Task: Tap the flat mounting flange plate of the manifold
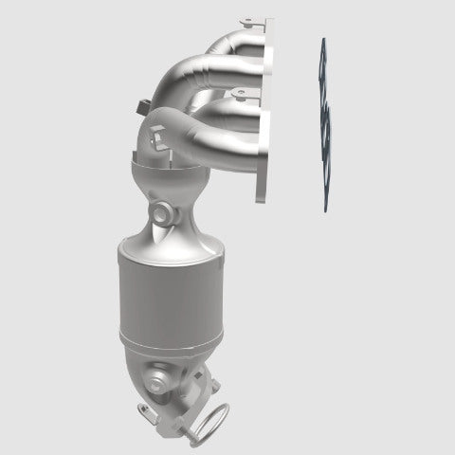[x=265, y=114]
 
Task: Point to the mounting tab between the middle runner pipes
[x=239, y=92]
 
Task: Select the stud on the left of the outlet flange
[x=144, y=409]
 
